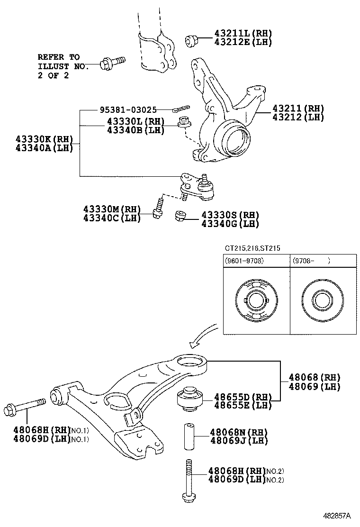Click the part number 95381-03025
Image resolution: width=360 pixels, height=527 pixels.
coord(128,110)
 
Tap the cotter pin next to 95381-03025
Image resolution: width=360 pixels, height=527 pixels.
coord(181,109)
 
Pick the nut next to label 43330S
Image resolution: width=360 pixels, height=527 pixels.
coord(180,216)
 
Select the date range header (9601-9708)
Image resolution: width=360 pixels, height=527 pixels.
coord(245,261)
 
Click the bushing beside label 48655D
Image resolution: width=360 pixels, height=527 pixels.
coord(190,398)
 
